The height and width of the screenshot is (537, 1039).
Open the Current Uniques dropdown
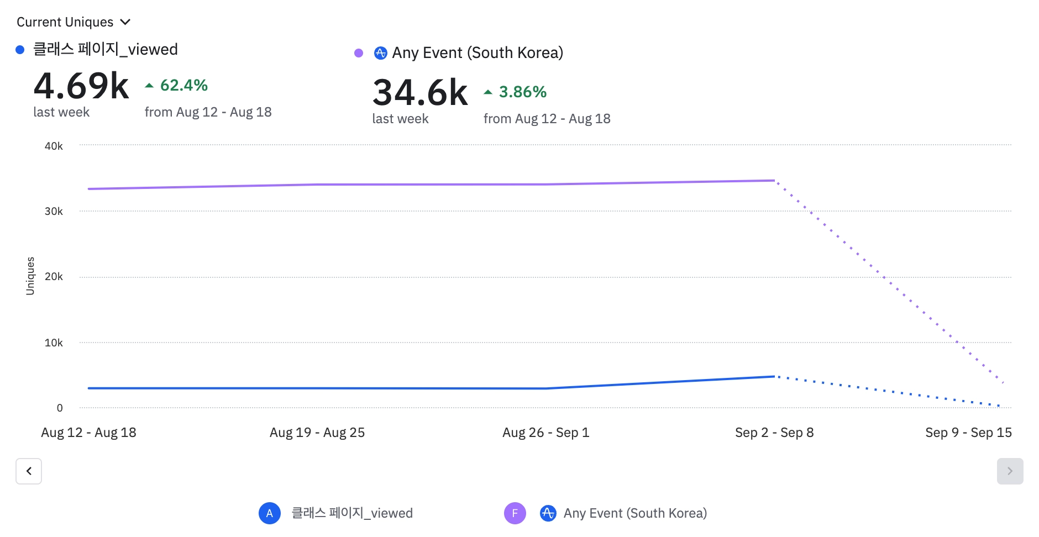tap(73, 22)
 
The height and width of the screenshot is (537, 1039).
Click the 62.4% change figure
tap(183, 85)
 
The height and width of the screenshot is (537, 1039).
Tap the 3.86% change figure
tap(522, 92)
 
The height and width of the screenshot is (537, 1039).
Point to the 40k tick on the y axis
tap(54, 146)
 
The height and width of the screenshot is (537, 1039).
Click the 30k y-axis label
tap(54, 211)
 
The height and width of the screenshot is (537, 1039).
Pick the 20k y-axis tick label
tap(54, 276)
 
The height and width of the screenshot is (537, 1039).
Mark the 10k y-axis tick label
tap(54, 343)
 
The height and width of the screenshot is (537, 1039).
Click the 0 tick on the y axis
tap(60, 408)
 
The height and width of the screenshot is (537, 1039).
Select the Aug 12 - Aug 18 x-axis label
tap(88, 433)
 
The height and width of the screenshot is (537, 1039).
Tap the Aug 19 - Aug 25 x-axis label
tap(317, 433)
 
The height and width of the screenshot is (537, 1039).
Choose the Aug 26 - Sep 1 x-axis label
tap(545, 433)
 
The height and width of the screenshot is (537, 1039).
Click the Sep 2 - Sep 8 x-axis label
tap(774, 433)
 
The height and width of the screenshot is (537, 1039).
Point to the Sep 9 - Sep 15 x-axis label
tap(968, 433)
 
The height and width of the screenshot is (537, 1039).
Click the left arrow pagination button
tap(29, 471)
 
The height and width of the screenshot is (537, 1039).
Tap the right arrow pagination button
tap(1010, 471)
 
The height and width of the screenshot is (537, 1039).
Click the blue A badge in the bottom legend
tap(270, 513)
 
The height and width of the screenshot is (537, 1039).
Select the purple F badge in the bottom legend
tap(515, 513)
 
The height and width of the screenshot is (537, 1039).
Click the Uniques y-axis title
tap(30, 276)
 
